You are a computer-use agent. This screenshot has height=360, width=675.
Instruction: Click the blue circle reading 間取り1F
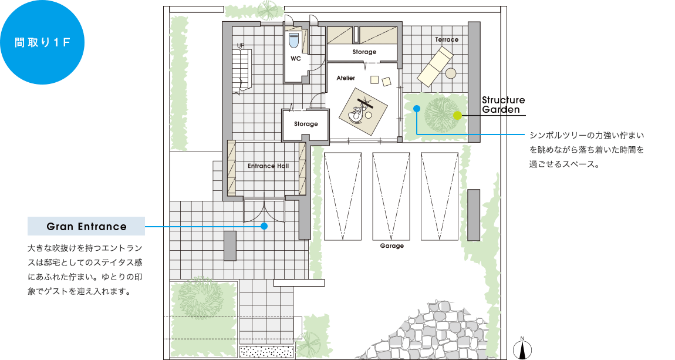point(42,42)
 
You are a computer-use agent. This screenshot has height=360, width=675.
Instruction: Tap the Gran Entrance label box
point(86,226)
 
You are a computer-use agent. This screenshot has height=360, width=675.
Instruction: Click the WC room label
point(296,59)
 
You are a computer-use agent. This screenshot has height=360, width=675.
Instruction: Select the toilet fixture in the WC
point(294,41)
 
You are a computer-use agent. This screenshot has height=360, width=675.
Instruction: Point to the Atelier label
point(346,78)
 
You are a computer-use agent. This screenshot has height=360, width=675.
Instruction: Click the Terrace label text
point(447,39)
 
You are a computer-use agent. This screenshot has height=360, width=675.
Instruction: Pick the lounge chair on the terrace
point(435,67)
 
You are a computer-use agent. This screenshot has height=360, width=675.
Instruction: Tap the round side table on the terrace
point(451,73)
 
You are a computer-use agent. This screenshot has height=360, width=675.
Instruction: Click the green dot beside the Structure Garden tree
point(458,115)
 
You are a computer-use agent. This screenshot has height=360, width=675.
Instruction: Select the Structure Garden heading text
point(503,105)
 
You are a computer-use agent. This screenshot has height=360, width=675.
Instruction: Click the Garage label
point(392,246)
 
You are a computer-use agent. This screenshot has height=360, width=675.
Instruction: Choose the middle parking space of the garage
point(391,196)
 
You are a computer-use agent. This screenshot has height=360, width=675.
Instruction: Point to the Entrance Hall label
point(268,166)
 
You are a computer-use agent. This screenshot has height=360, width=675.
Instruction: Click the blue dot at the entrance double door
point(264,226)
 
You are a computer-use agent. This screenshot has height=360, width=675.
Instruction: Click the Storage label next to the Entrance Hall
point(306,124)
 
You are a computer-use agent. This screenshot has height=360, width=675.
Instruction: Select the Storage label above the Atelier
point(364,52)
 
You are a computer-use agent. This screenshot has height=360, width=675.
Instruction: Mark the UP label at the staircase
point(240,45)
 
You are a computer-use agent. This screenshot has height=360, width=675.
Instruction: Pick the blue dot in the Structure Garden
point(416,109)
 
